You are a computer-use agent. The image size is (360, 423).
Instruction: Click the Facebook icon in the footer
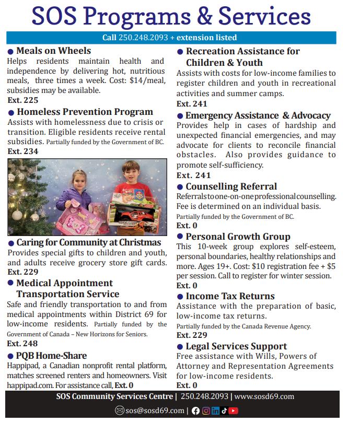(x=196, y=410)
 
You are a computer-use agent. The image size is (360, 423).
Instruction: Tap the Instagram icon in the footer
(x=205, y=410)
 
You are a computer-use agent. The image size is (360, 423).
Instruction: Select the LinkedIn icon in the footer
(x=215, y=410)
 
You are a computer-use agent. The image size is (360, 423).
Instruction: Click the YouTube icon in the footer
(x=234, y=410)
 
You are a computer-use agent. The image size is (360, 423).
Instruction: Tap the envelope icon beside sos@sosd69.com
(x=119, y=410)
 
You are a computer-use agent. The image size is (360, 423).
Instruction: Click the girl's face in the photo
(x=81, y=181)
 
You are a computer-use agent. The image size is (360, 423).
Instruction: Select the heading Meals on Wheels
(x=53, y=51)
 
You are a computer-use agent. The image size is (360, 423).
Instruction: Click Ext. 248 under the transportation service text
(x=22, y=344)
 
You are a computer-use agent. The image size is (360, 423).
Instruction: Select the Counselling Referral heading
(x=231, y=186)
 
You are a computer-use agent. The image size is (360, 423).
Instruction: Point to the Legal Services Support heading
(x=236, y=346)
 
